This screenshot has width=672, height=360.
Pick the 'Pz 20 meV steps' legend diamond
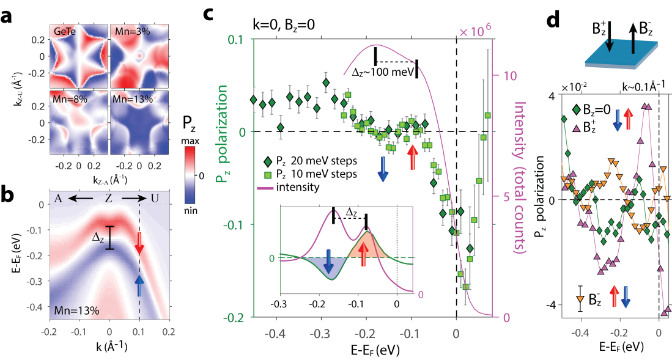coord(267,162)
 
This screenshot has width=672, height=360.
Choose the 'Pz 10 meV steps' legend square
coord(267,175)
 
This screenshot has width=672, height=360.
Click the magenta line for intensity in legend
coord(267,187)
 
